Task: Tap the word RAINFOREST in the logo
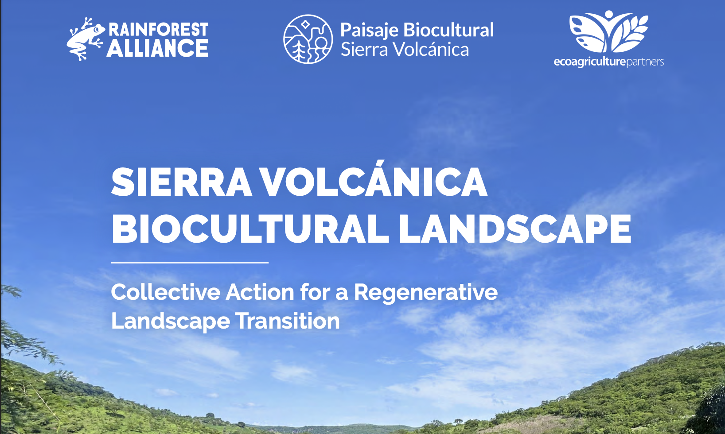coord(158,29)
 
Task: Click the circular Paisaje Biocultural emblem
coord(308,39)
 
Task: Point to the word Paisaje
coord(369,31)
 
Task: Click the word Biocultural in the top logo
coord(448,30)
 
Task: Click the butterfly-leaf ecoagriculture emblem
coord(608,32)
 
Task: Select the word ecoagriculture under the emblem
coord(590,62)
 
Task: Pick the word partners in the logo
coord(645,62)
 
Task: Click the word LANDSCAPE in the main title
coord(515,229)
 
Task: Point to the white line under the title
coord(190,263)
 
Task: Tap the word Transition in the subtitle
coord(288,321)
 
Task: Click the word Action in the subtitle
coord(260,292)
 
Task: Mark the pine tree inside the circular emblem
coord(299,50)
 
